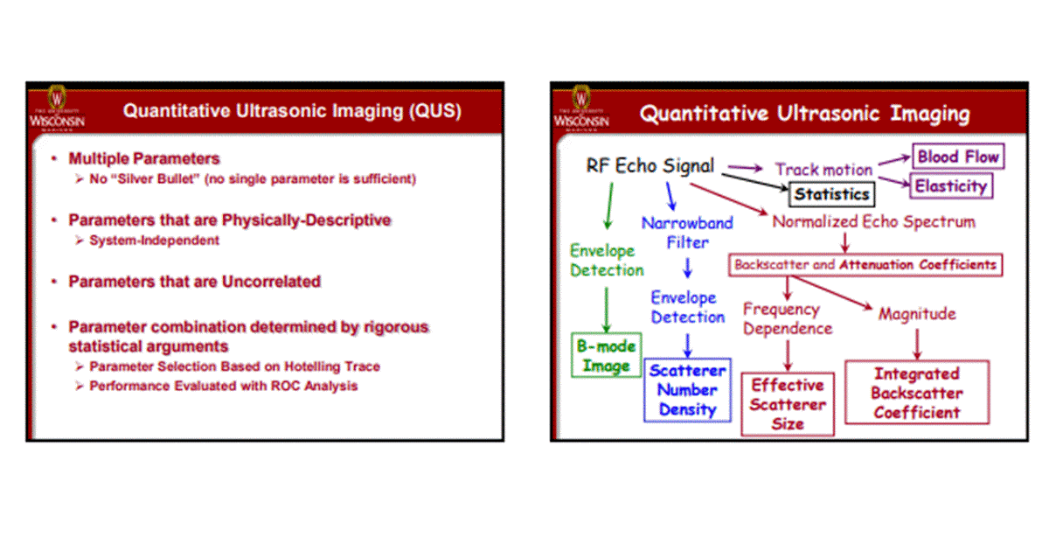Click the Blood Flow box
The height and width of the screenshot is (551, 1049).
[958, 157]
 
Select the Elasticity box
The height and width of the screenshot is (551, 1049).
[951, 185]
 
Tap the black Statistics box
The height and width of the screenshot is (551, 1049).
[831, 194]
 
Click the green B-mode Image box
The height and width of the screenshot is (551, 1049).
[606, 355]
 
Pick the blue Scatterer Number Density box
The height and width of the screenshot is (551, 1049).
[687, 390]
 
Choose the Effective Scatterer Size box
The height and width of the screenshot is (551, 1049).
[787, 404]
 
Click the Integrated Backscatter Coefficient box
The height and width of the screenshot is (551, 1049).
[915, 393]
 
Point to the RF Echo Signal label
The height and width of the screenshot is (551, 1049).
[650, 165]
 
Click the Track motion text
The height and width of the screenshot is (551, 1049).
[823, 170]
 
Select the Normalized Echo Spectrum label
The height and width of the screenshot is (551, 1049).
[873, 221]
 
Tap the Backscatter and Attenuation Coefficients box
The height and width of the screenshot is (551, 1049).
[865, 264]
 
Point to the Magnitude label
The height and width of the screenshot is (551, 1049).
[917, 313]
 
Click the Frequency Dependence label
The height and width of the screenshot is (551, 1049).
[787, 318]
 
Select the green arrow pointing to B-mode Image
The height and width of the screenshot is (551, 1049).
[605, 308]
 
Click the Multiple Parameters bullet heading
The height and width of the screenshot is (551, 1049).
[144, 159]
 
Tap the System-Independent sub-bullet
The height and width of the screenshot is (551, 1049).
[154, 240]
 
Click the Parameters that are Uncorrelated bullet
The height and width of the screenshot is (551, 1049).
[194, 282]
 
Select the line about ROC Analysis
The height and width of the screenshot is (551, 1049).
[223, 385]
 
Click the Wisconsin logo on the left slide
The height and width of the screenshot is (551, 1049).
[58, 109]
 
